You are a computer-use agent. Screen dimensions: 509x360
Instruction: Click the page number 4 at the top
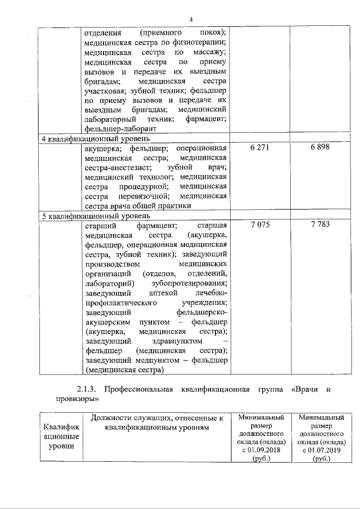[191, 20]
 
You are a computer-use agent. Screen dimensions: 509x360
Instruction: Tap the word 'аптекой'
[164, 293]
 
